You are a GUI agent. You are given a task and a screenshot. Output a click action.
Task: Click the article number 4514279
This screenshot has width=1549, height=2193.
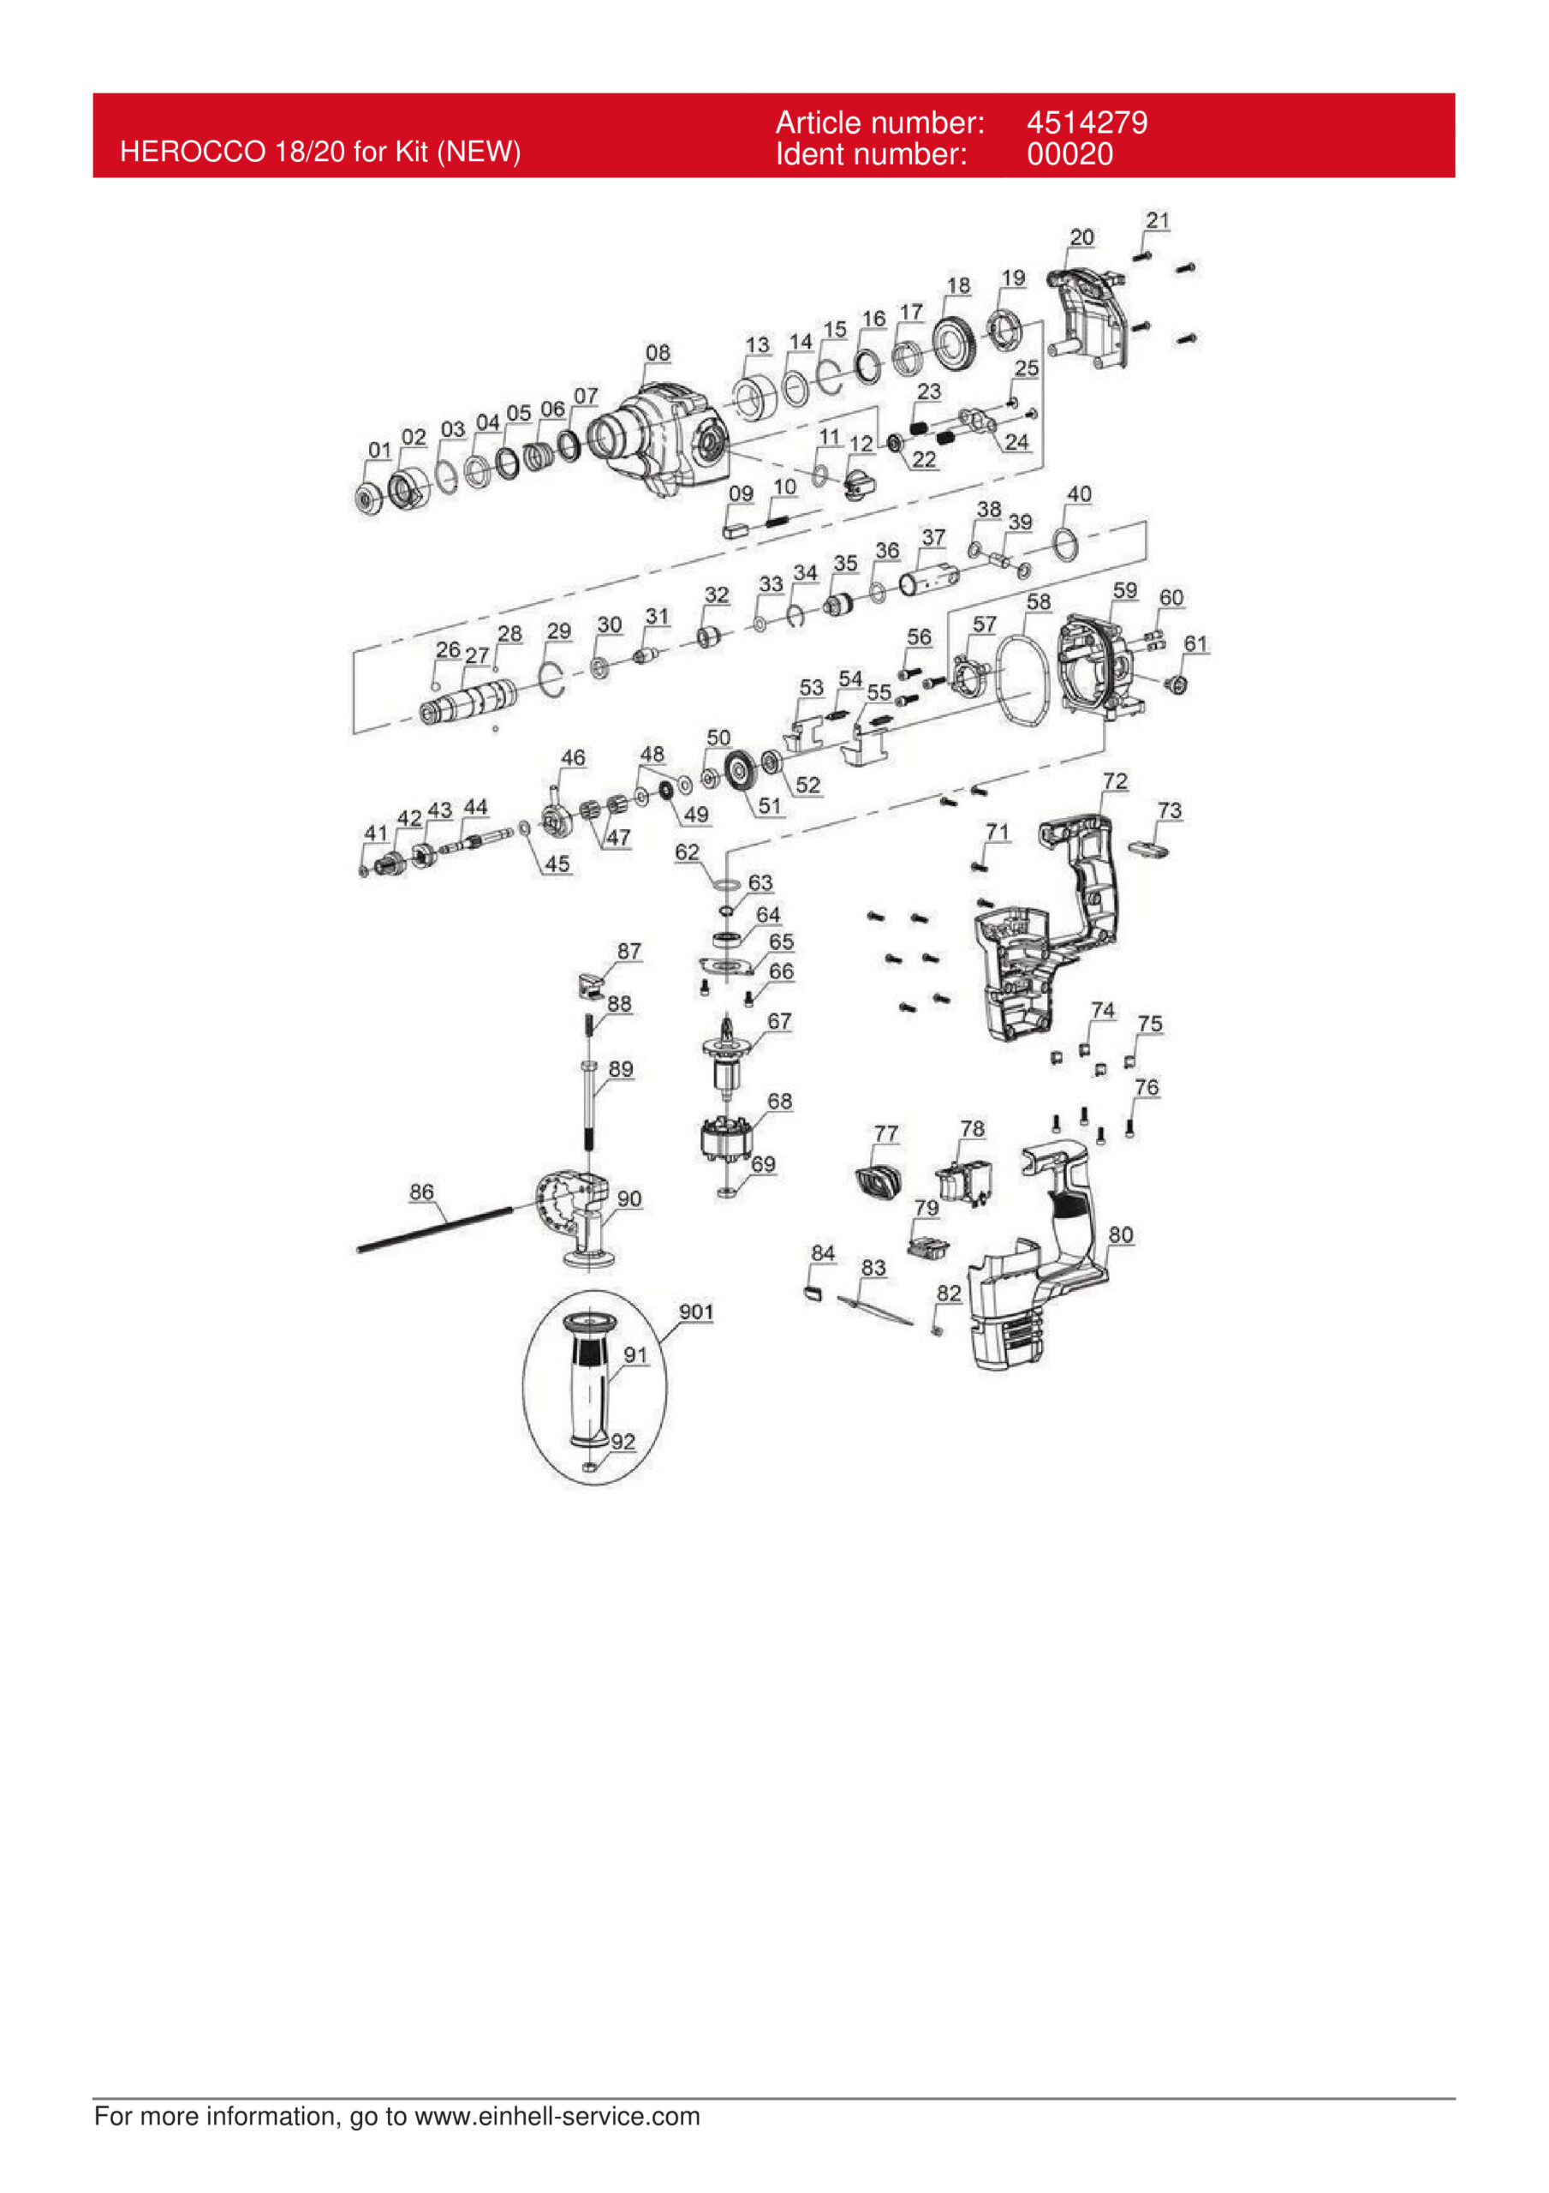pos(1086,122)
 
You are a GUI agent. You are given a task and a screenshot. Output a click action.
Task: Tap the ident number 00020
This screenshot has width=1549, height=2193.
pos(1069,154)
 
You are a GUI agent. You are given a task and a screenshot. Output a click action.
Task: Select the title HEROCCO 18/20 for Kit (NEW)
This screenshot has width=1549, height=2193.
pos(320,151)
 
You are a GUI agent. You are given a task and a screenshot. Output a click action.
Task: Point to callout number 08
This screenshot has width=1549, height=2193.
pos(657,352)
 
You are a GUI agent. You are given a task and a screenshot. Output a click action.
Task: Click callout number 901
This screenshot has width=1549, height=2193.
pos(695,1312)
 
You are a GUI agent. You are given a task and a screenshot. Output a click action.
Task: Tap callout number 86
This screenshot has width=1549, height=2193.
pos(421,1191)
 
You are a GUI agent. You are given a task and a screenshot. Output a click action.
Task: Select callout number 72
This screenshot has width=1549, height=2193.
pos(1115,781)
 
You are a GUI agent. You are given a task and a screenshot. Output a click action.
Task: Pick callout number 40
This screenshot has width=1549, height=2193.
pos(1078,493)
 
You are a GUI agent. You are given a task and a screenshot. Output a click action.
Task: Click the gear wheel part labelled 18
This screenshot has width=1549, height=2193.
pos(953,344)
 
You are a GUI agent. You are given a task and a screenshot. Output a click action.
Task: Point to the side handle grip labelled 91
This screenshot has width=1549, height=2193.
pos(589,1386)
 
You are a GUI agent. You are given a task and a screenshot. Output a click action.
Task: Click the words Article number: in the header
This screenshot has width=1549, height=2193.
pos(879,122)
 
